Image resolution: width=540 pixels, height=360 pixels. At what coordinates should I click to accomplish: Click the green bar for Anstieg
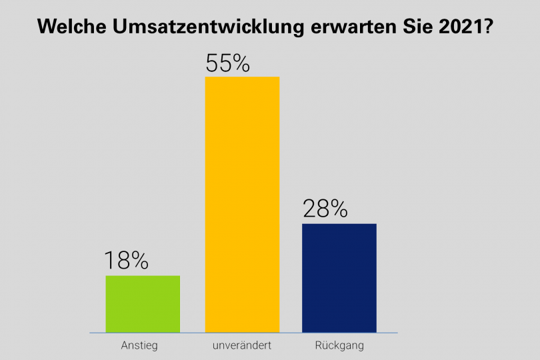point(143,303)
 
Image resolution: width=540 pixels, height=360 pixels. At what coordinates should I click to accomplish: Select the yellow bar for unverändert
point(242,204)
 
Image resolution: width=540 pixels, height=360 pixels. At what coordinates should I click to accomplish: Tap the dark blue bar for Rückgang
point(339,277)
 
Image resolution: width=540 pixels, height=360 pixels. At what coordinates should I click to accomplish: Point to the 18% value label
point(126,261)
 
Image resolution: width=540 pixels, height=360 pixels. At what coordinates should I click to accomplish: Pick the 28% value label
point(325,209)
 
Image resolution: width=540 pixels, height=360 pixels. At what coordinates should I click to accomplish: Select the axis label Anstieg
point(139,346)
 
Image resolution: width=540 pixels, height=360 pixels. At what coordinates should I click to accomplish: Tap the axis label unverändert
point(242,346)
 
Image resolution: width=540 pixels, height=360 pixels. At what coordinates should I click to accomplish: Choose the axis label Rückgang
point(341,346)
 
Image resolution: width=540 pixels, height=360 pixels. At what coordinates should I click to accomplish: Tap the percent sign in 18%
point(137,261)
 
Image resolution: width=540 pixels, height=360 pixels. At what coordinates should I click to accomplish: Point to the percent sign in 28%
point(337,209)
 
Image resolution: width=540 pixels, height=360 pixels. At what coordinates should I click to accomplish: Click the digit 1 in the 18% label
point(108,261)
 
